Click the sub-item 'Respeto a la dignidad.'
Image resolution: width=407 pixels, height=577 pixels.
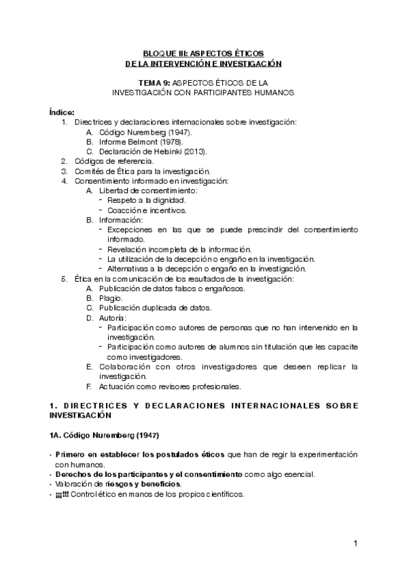coord(146,200)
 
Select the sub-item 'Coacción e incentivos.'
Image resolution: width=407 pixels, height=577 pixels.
coord(147,210)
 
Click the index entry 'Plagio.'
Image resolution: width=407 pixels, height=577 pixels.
coord(111,298)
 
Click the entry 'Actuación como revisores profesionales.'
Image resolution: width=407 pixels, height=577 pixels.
coord(170,386)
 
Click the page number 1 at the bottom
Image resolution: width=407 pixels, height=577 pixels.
coord(355,544)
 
